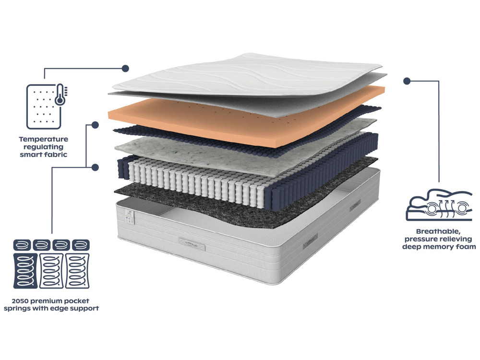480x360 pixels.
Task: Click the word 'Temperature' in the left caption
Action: pyautogui.click(x=44, y=139)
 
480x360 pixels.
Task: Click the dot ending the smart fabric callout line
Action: pyautogui.click(x=126, y=68)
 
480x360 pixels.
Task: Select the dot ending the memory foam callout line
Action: pyautogui.click(x=407, y=81)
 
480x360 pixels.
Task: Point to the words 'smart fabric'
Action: pyautogui.click(x=44, y=155)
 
